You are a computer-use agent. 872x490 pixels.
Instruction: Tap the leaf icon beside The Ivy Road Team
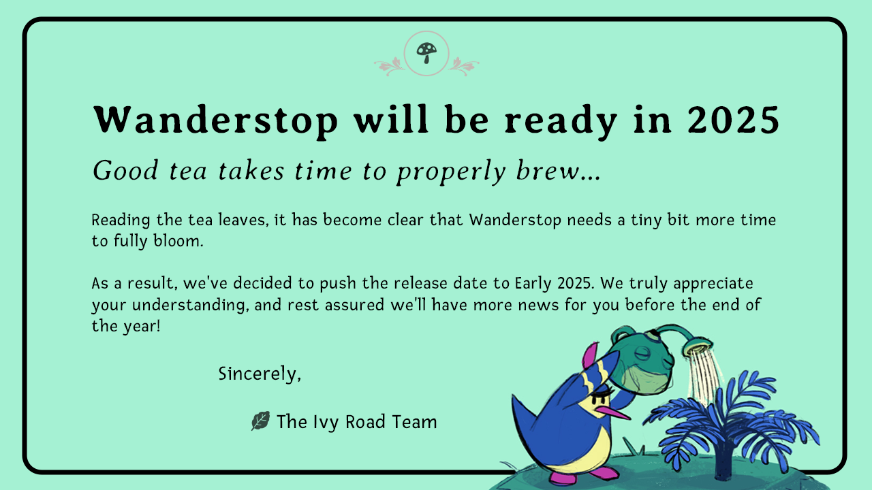[260, 421]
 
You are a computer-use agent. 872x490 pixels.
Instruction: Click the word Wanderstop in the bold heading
[216, 120]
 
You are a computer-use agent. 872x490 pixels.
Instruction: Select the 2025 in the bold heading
[734, 120]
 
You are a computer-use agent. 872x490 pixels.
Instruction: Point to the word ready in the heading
[561, 122]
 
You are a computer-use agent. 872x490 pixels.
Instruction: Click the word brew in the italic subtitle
[547, 170]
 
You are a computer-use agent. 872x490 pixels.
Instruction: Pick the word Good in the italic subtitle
[125, 170]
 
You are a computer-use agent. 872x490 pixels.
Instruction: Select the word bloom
[178, 241]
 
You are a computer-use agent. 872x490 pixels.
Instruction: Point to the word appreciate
[713, 284]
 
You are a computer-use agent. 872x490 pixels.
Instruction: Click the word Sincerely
[260, 374]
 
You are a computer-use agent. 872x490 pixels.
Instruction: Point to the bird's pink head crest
[590, 356]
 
